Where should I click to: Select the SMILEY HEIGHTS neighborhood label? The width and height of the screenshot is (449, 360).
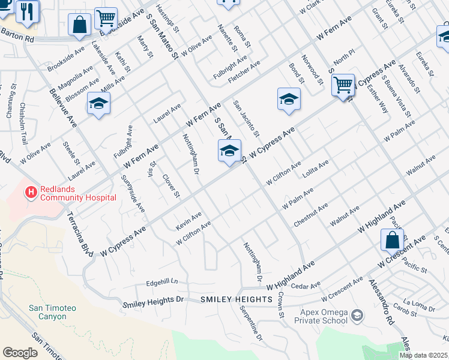coord(237,299)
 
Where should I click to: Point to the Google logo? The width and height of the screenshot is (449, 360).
coord(20,353)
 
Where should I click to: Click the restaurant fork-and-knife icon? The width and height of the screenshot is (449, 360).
coord(27,11)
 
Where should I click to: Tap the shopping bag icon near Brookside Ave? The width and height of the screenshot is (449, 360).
coord(80,26)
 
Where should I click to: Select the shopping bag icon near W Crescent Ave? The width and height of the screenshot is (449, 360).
coord(392,240)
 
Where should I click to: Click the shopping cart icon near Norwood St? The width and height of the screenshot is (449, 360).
coord(343,85)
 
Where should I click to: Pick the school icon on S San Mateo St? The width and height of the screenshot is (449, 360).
coord(229,151)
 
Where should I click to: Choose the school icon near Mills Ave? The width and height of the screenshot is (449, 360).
coord(98,104)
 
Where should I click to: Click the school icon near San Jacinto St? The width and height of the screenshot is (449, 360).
coord(289,99)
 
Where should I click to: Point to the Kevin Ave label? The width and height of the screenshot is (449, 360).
coord(188,220)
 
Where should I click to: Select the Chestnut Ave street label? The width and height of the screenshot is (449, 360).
coord(310,215)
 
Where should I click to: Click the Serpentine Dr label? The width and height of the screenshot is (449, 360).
coord(251,325)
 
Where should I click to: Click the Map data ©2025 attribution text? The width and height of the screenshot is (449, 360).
coord(423,355)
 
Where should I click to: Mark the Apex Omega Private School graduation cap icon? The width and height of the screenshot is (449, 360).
coord(357,315)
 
